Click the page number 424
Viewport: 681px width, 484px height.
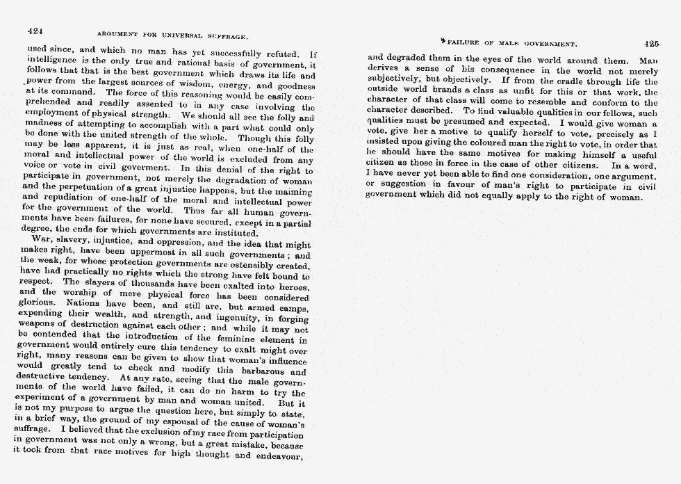click(35, 31)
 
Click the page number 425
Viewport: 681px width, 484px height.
click(651, 42)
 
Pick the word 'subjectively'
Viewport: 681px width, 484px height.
click(399, 81)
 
